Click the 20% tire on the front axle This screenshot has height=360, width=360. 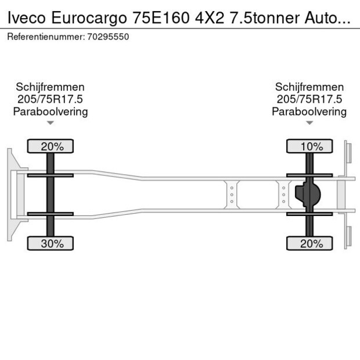click(x=52, y=146)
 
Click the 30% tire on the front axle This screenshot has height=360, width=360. click(x=52, y=243)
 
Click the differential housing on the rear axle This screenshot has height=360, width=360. click(x=308, y=195)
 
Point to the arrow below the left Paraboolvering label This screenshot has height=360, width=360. click(x=51, y=123)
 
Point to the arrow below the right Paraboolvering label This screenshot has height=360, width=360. click(x=309, y=123)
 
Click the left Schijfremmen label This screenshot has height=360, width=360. click(x=51, y=87)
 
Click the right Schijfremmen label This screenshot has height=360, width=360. click(x=309, y=87)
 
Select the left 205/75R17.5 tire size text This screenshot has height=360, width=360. click(x=51, y=99)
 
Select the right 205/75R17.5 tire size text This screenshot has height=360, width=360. click(x=309, y=99)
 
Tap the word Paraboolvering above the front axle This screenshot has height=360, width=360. click(x=51, y=111)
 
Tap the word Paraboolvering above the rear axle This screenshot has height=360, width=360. click(x=309, y=111)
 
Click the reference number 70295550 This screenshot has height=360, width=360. click(x=109, y=37)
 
